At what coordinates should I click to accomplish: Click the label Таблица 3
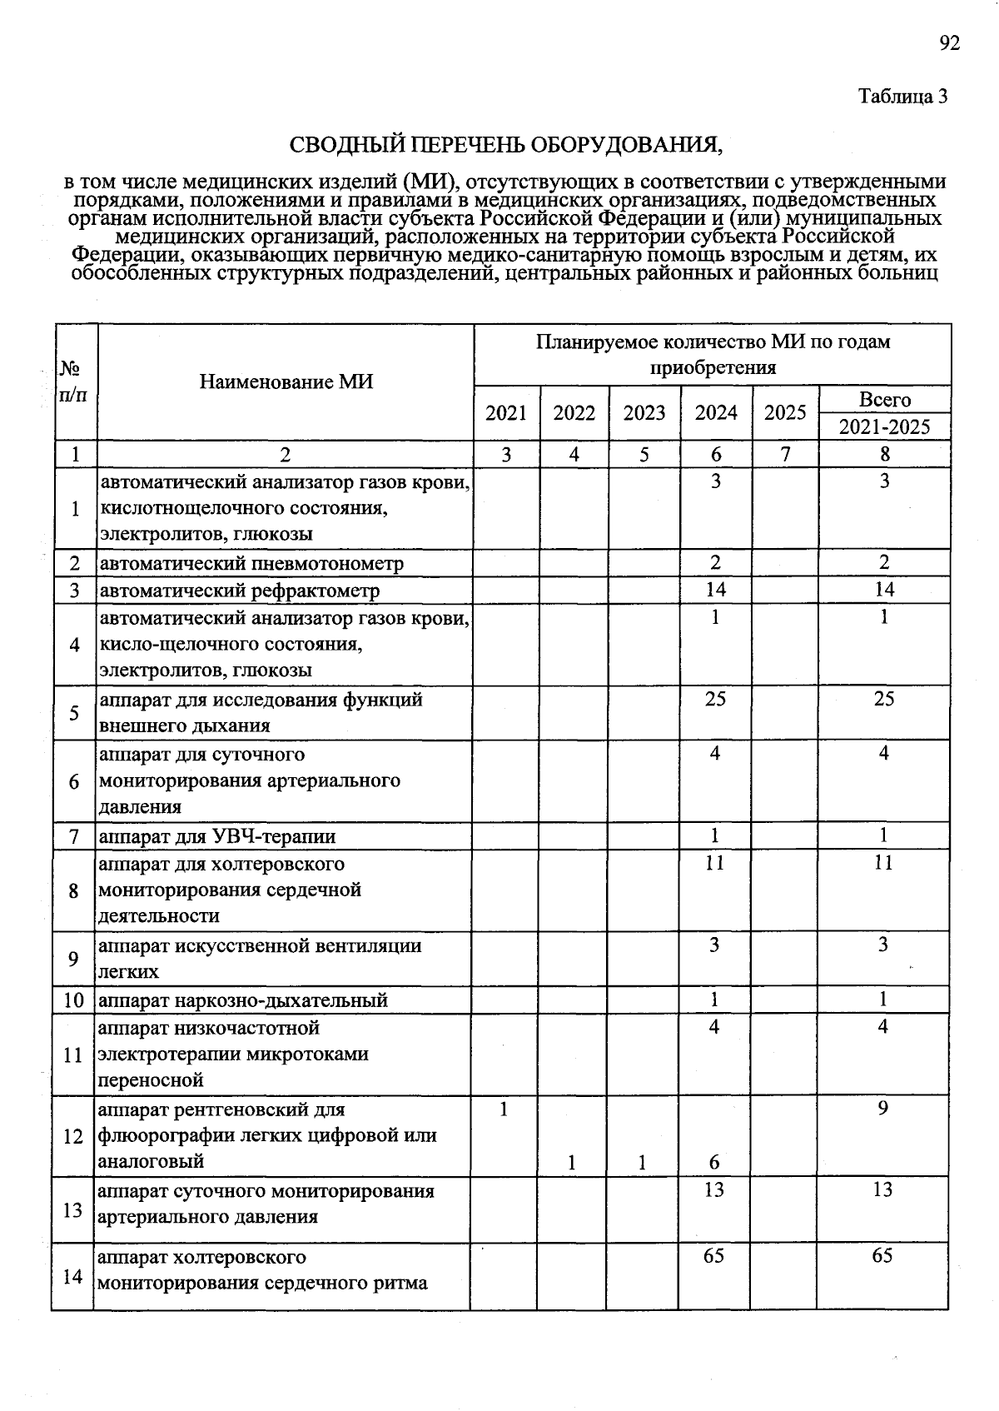coord(903,96)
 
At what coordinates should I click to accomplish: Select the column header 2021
coord(506,413)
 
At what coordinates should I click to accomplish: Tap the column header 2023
coord(644,413)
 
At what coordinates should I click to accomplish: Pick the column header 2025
coord(785,413)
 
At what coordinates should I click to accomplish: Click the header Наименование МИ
coord(286,381)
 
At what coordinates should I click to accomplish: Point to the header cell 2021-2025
coord(884,427)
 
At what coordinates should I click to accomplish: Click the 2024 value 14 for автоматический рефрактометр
coord(715,590)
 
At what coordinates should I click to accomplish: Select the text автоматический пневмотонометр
coord(251,564)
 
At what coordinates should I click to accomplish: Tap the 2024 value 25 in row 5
coord(715,699)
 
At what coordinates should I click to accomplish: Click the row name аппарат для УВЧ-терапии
coord(217,836)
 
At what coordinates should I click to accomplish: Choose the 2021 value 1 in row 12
coord(503,1109)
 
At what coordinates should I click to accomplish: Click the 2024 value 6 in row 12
coord(714,1162)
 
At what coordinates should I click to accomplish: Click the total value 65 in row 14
coord(882,1255)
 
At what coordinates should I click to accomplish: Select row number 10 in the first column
coord(74,1000)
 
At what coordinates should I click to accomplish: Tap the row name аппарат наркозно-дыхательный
coord(243,1000)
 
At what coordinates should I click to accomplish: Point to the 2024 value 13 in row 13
coord(714,1190)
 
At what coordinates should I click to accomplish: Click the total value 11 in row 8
coord(883,863)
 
